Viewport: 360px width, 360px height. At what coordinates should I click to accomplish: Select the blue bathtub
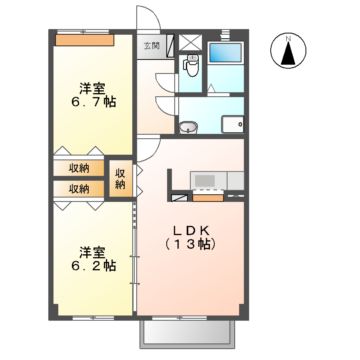tap(225, 56)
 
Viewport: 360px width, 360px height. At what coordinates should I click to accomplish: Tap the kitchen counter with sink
tap(207, 180)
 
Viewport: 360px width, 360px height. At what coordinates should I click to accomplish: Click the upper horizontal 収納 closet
tap(79, 168)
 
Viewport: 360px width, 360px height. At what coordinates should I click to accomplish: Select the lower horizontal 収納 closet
tap(79, 187)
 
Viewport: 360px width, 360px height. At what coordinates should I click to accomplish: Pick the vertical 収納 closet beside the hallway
tap(121, 178)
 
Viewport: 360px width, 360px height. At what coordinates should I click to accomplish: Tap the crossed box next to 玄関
tap(185, 45)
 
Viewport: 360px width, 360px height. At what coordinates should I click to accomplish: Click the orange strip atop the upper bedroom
tap(84, 41)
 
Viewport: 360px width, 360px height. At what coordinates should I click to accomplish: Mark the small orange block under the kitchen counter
tap(207, 196)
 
